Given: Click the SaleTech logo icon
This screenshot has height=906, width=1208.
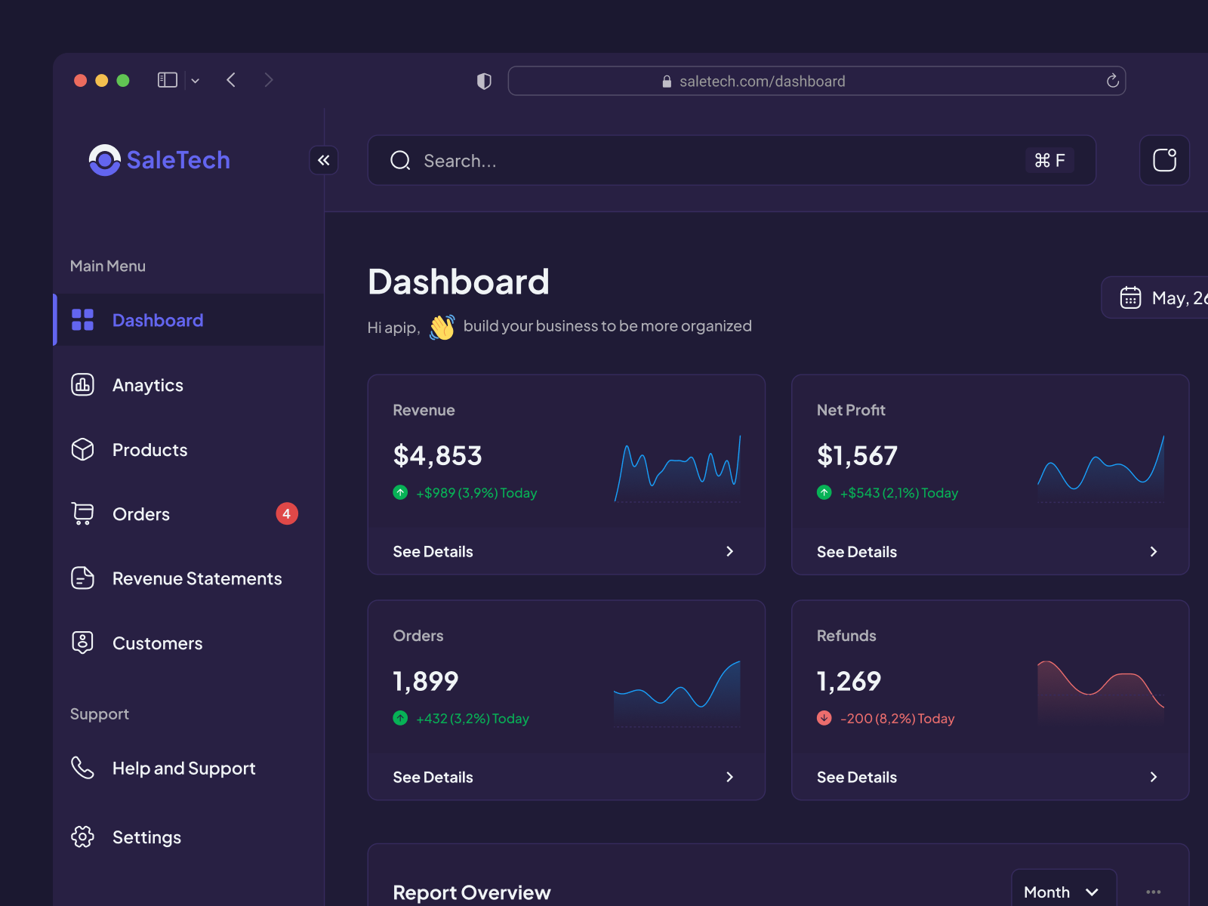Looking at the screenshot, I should point(105,160).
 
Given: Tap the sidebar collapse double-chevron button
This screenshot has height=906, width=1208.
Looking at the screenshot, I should point(324,160).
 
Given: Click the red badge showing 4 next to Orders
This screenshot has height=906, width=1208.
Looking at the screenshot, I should point(287,514).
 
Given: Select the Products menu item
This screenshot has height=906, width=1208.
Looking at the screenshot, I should point(149,450).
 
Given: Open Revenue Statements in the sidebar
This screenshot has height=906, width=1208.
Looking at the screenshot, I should point(196,579).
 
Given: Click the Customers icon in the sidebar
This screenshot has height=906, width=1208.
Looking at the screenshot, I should point(82,643).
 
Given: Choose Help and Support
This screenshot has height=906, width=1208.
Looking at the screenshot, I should point(183,769).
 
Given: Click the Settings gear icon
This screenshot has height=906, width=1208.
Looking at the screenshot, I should point(82,837).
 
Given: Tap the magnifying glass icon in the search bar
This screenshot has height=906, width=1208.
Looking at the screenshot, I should point(400,160).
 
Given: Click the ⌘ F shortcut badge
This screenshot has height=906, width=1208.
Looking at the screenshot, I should point(1049,160).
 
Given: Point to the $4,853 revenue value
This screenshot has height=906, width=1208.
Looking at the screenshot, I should point(437,456).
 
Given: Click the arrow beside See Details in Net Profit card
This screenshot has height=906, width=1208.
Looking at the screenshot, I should point(1153,552).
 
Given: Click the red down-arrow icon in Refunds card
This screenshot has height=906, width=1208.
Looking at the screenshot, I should point(824,718).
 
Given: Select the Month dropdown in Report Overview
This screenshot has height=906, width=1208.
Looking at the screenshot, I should point(1062,892).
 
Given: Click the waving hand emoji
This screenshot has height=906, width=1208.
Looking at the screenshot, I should point(442,327).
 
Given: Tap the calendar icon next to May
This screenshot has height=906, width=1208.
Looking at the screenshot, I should point(1130,297).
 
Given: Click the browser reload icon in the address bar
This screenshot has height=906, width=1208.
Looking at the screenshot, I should point(1112,81).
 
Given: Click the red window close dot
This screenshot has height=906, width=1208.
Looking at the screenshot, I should point(80,80).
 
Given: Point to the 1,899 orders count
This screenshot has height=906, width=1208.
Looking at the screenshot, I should point(426,682).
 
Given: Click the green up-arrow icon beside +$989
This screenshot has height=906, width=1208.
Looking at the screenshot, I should point(401,492).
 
